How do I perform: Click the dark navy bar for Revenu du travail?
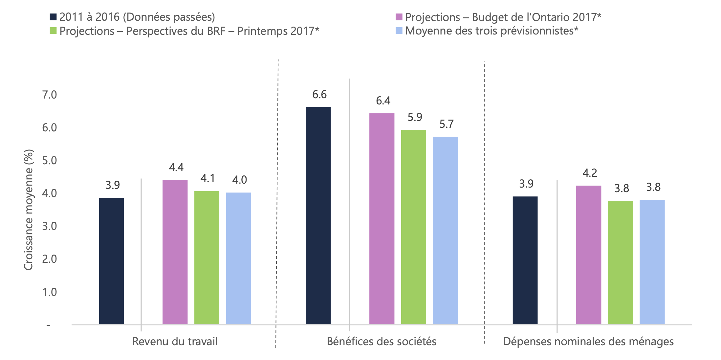pos(111,261)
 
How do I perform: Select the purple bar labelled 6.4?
pos(382,219)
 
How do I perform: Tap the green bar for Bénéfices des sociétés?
pos(413,227)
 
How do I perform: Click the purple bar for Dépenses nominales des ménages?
pos(588,255)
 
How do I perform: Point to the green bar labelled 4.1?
pos(207,258)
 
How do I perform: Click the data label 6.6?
pos(319,95)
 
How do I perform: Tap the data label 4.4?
pos(176,168)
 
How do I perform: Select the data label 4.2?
pos(589,173)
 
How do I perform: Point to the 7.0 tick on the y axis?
pos(49,95)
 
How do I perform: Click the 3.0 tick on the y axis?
pos(49,226)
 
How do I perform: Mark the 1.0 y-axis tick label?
pos(49,292)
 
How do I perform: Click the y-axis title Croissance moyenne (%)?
pos(29,210)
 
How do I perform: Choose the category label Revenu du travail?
pos(175,342)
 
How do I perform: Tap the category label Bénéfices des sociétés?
pos(382,342)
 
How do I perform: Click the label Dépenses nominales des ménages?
pos(588,342)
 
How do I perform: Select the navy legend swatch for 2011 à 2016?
pos(53,17)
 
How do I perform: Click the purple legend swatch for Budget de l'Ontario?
pos(399,17)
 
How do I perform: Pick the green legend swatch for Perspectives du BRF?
pos(53,31)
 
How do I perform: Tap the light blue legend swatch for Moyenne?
pos(399,31)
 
